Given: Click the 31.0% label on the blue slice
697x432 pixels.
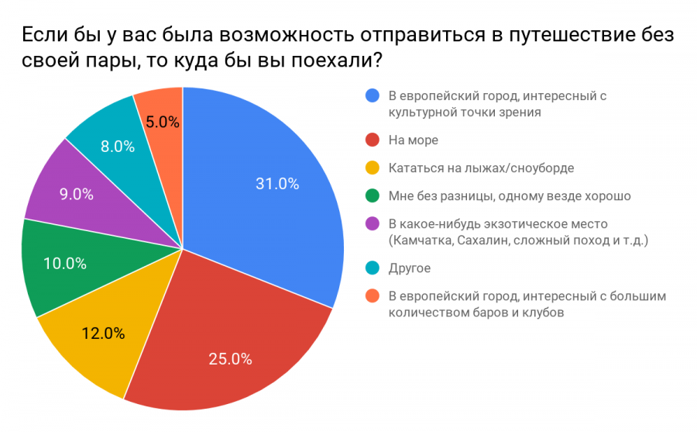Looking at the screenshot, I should [x=276, y=184].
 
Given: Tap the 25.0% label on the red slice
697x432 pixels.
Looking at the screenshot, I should [x=230, y=358].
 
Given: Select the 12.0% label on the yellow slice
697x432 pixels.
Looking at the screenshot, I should [x=103, y=334].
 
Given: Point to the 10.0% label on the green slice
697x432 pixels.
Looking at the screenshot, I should [x=64, y=263].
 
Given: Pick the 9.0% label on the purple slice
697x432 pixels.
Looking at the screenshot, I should [x=75, y=195].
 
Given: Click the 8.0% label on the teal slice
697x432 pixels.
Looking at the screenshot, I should [x=117, y=147].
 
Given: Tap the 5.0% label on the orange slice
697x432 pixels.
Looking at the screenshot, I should [x=163, y=122].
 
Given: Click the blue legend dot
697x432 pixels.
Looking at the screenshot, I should [x=373, y=96].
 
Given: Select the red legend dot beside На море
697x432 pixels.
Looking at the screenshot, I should [x=373, y=140].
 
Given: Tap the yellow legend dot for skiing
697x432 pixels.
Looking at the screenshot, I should [x=373, y=168].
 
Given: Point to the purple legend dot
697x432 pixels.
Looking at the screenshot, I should [x=373, y=224].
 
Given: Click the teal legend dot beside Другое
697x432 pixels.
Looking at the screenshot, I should [x=373, y=268].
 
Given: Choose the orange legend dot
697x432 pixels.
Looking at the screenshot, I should [x=373, y=296].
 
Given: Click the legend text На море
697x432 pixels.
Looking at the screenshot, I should [x=413, y=140].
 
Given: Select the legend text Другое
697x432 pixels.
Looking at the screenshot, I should [x=409, y=268].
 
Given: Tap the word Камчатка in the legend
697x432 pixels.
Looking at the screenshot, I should [x=421, y=240].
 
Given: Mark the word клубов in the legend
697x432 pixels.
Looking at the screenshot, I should [x=541, y=313].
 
